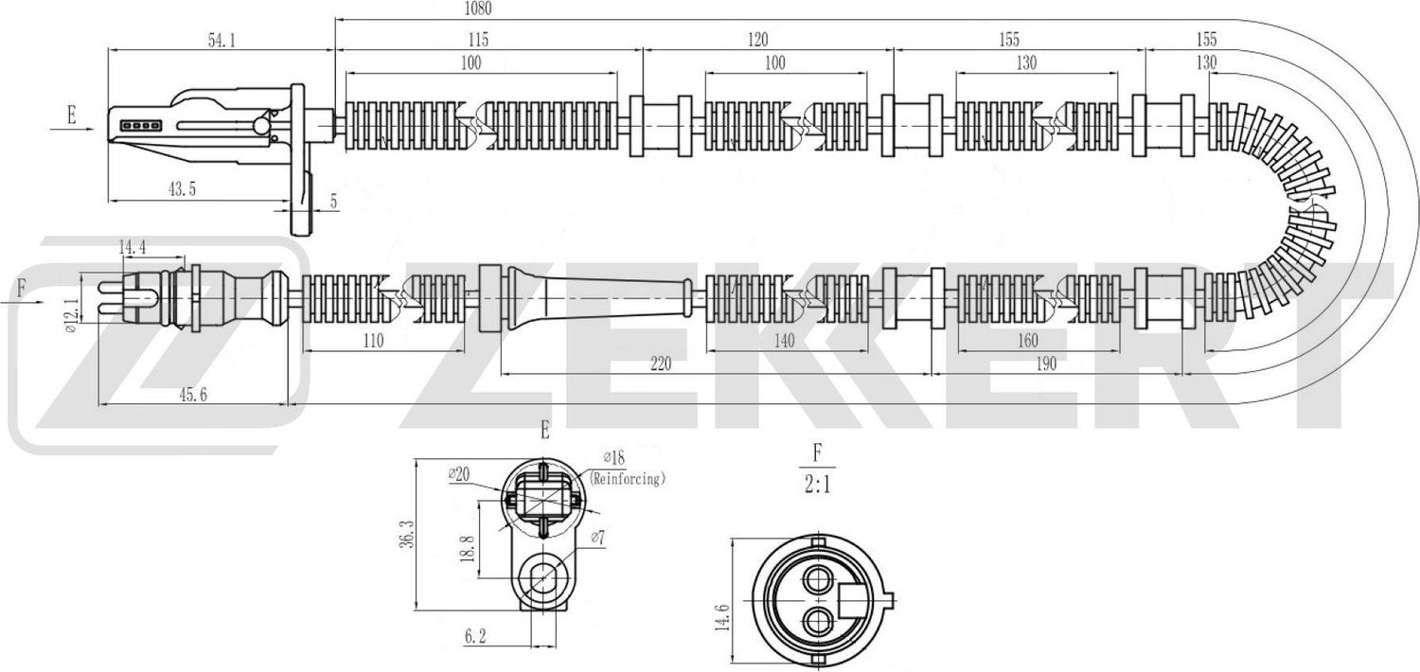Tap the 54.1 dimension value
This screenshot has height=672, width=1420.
click(x=221, y=40)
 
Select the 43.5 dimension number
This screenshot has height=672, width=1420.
click(x=182, y=189)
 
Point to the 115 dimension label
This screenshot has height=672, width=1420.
click(x=476, y=40)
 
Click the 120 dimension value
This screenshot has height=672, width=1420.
click(x=756, y=40)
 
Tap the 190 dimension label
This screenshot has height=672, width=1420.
click(x=1044, y=363)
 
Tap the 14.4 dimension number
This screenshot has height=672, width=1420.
click(x=132, y=247)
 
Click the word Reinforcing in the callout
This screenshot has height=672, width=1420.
click(x=627, y=480)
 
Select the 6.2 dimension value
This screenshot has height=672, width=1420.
click(x=475, y=640)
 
